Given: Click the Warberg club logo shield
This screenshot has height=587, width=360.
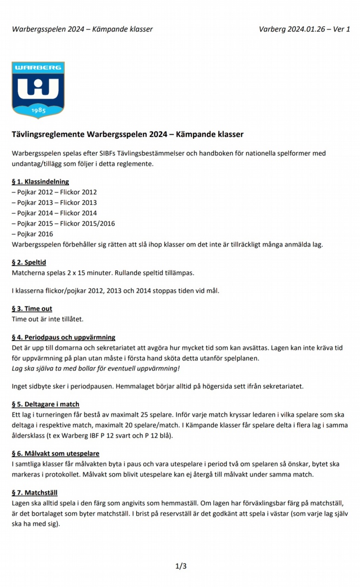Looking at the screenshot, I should tap(38, 90).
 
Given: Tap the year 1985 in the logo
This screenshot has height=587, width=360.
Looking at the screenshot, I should tap(38, 110).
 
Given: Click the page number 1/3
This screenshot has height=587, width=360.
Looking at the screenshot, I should tap(181, 566).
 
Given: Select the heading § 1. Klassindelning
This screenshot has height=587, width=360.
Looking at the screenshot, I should tap(40, 182).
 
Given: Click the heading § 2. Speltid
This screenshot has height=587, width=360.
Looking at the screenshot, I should tap(29, 263).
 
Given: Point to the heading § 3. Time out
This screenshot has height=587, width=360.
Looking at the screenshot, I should tap(32, 309).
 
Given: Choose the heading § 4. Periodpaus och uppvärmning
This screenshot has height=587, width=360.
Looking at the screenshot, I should tap(63, 338).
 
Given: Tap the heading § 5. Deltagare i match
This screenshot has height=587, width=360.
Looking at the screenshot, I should tap(45, 404).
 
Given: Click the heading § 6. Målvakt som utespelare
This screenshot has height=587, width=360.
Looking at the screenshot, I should tap(55, 454).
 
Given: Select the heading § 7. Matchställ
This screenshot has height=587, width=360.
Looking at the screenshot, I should tap(34, 493).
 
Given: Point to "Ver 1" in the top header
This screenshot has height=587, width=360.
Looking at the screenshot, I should tap(342, 29).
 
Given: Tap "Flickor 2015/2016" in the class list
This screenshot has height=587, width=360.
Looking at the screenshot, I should tap(88, 223).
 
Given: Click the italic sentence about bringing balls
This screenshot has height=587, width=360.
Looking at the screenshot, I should tap(96, 369).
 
